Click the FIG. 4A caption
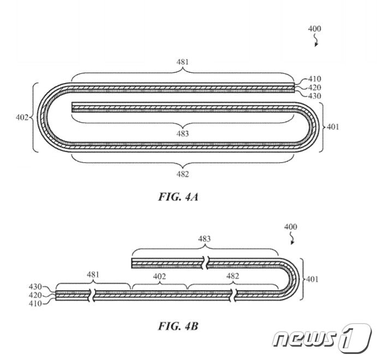[178, 197]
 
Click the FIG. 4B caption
[178, 326]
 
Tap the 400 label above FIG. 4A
[314, 29]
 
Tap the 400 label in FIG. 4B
[290, 227]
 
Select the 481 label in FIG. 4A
[183, 62]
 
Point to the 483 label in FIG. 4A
[183, 133]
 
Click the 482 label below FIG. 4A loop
[183, 174]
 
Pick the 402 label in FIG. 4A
[22, 117]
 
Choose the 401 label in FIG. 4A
[333, 127]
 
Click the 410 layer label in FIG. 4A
[314, 79]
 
